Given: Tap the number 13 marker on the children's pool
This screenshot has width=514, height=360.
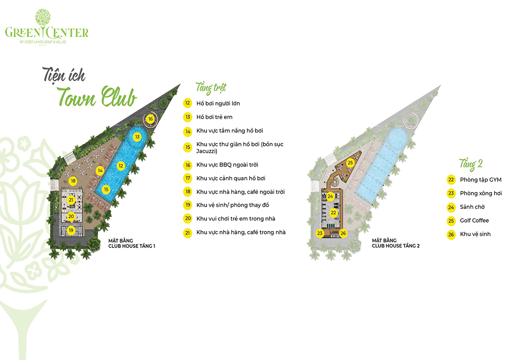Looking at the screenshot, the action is (137, 136).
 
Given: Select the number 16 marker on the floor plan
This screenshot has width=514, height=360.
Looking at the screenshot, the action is (150, 118).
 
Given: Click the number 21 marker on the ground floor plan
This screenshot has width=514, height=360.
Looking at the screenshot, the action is (71, 199).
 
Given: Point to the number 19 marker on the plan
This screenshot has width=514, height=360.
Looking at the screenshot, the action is (71, 230).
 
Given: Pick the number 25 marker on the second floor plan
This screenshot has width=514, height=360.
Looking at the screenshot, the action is (350, 162).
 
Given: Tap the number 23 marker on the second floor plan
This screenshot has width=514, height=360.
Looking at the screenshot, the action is (319, 233).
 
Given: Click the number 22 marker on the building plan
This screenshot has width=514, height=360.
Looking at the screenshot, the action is (333, 212).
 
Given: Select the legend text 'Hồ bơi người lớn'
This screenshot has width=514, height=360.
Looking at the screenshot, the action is (218, 103).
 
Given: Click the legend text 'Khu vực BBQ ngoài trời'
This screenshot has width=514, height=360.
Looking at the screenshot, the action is (227, 164).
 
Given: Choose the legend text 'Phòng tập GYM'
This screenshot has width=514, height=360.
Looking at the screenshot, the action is (480, 179).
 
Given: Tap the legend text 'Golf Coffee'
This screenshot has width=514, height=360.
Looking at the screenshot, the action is (474, 220).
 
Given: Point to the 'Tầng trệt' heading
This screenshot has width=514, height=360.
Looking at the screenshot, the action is (211, 88).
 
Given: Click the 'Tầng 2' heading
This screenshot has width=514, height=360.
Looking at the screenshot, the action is (470, 164).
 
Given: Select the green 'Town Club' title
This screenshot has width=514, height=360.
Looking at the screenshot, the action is (96, 96).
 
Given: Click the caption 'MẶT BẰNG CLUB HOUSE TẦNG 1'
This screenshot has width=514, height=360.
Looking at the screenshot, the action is (132, 243).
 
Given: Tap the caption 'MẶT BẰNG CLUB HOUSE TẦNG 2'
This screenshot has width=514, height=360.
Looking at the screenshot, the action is (395, 243).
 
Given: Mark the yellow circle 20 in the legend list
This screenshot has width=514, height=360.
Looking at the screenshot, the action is (187, 218).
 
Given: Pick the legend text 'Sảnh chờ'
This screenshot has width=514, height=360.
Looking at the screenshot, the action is (472, 207).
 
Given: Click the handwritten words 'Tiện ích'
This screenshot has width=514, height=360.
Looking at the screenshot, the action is (64, 75).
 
